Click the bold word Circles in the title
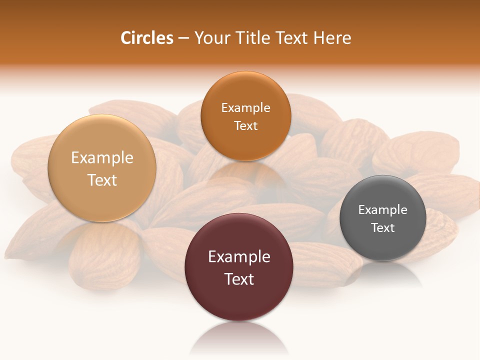[146, 38]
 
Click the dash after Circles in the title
[183, 38]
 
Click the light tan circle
[102, 168]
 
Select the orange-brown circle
[245, 116]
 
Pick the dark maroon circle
[239, 267]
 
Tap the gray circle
[382, 218]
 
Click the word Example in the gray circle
[382, 209]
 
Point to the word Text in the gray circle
[382, 227]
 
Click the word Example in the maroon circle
[239, 256]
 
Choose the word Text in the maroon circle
[239, 279]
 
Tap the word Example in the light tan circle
[102, 157]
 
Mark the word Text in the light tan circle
[102, 180]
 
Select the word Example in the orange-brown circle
[245, 107]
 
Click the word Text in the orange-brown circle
[245, 125]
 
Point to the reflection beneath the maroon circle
[239, 337]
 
